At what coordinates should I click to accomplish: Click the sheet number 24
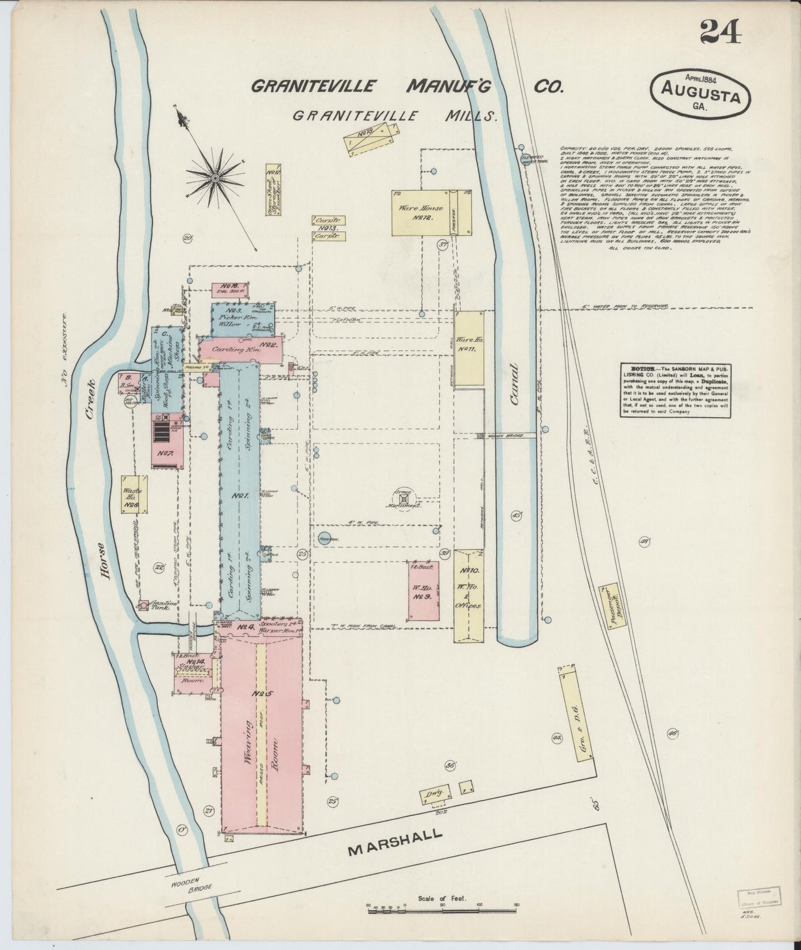pos(720,31)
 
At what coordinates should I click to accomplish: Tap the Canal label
pos(514,384)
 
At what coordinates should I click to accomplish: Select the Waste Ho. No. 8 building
pos(133,495)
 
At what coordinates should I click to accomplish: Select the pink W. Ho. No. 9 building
pos(424,590)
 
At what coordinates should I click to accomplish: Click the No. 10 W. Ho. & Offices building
pos(469,596)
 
